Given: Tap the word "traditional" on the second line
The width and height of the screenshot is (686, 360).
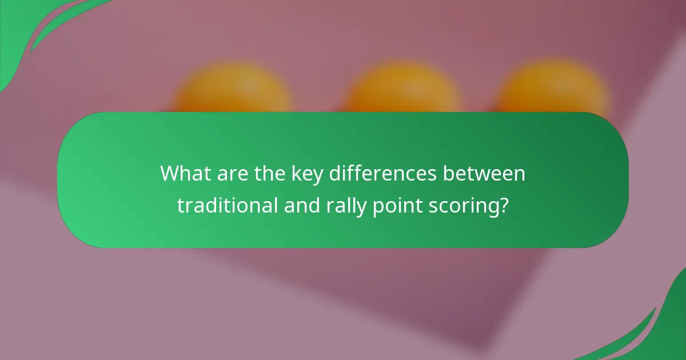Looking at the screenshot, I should pyautogui.click(x=229, y=206).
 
